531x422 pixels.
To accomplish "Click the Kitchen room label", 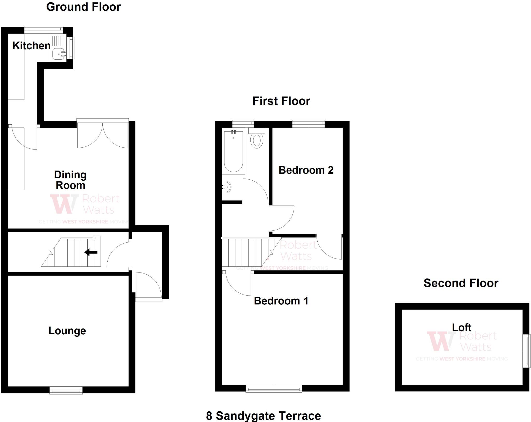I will click(x=31, y=46).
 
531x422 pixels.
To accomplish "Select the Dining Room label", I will click(x=70, y=180).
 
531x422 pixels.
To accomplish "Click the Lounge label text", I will click(x=67, y=331).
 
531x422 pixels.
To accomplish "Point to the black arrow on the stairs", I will click(x=91, y=252).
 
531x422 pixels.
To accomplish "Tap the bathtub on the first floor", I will click(x=233, y=152).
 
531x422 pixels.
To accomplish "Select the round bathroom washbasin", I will click(x=227, y=187).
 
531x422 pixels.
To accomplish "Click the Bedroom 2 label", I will click(x=306, y=170).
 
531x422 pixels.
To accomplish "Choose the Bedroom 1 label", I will click(x=281, y=301).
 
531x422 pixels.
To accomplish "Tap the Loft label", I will click(x=462, y=328).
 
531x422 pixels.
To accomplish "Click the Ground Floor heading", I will click(x=83, y=7).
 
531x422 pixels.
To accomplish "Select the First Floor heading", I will click(x=281, y=101).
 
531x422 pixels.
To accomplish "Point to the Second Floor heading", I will click(x=461, y=283).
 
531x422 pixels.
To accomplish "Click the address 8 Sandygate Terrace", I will click(x=263, y=416).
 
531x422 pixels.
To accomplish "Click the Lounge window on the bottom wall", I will click(x=66, y=390).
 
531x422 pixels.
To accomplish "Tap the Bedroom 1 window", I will click(x=274, y=389).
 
